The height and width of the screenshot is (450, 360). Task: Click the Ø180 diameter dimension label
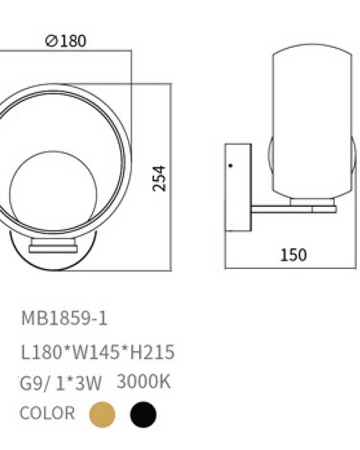tap(65, 41)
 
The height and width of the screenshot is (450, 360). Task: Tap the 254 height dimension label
tap(159, 178)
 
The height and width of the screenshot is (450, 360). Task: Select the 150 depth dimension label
tap(293, 255)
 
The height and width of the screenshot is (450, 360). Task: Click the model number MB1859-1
tap(64, 318)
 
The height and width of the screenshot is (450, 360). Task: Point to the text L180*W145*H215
tap(98, 352)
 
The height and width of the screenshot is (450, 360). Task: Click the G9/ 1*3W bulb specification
tap(60, 384)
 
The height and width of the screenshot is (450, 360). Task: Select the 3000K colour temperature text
tap(143, 381)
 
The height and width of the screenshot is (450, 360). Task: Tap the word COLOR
tap(47, 413)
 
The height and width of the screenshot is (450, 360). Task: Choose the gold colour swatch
tap(102, 415)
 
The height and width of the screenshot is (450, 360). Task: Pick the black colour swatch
tap(143, 415)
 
